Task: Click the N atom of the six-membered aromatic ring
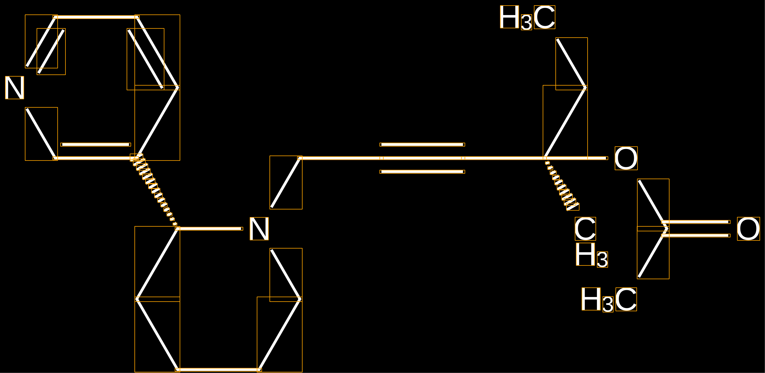tap(14, 88)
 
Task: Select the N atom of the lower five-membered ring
tap(259, 229)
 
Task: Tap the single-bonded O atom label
tap(626, 158)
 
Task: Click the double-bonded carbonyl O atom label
tap(748, 229)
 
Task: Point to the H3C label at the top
tap(527, 17)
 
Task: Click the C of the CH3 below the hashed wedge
tap(585, 229)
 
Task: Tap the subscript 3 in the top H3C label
tap(526, 22)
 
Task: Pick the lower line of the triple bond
tap(422, 172)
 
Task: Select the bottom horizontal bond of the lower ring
tap(218, 370)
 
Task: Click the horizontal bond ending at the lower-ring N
tap(209, 229)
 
